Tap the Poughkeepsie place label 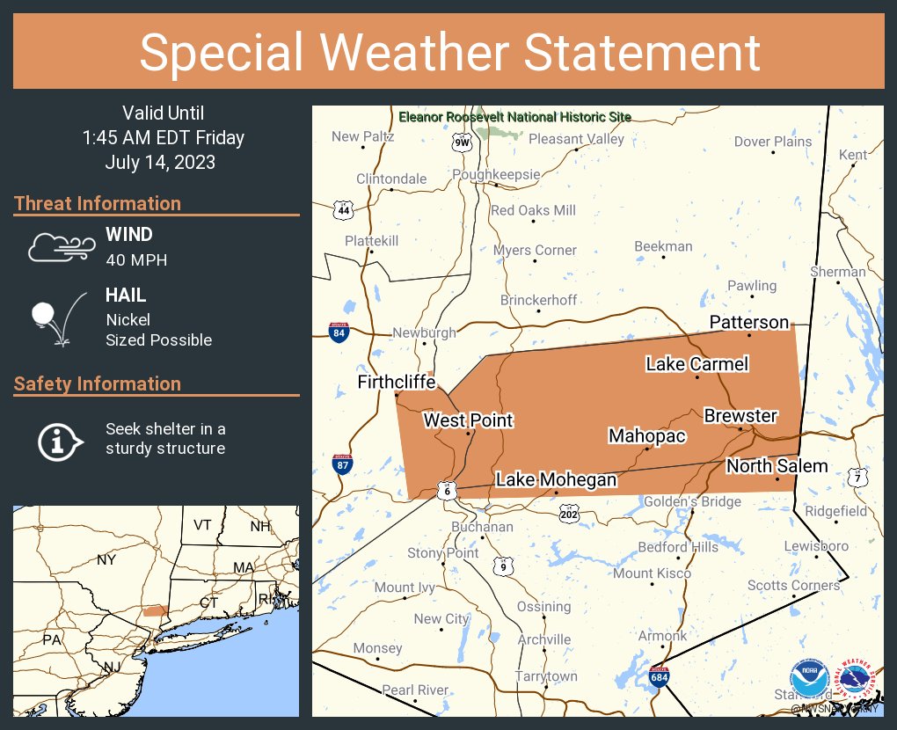pos(496,174)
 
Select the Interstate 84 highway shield pos(338,332)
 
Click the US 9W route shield pos(461,142)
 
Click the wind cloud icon pos(59,247)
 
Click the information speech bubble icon pos(59,440)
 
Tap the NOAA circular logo pos(809,680)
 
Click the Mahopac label pos(646,436)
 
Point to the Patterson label pos(749,322)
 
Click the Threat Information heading pos(98,203)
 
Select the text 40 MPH pos(136,259)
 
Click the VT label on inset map pos(203,524)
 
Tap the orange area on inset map pos(155,610)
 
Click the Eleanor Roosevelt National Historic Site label pos(514,117)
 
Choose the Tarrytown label pos(545,675)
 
